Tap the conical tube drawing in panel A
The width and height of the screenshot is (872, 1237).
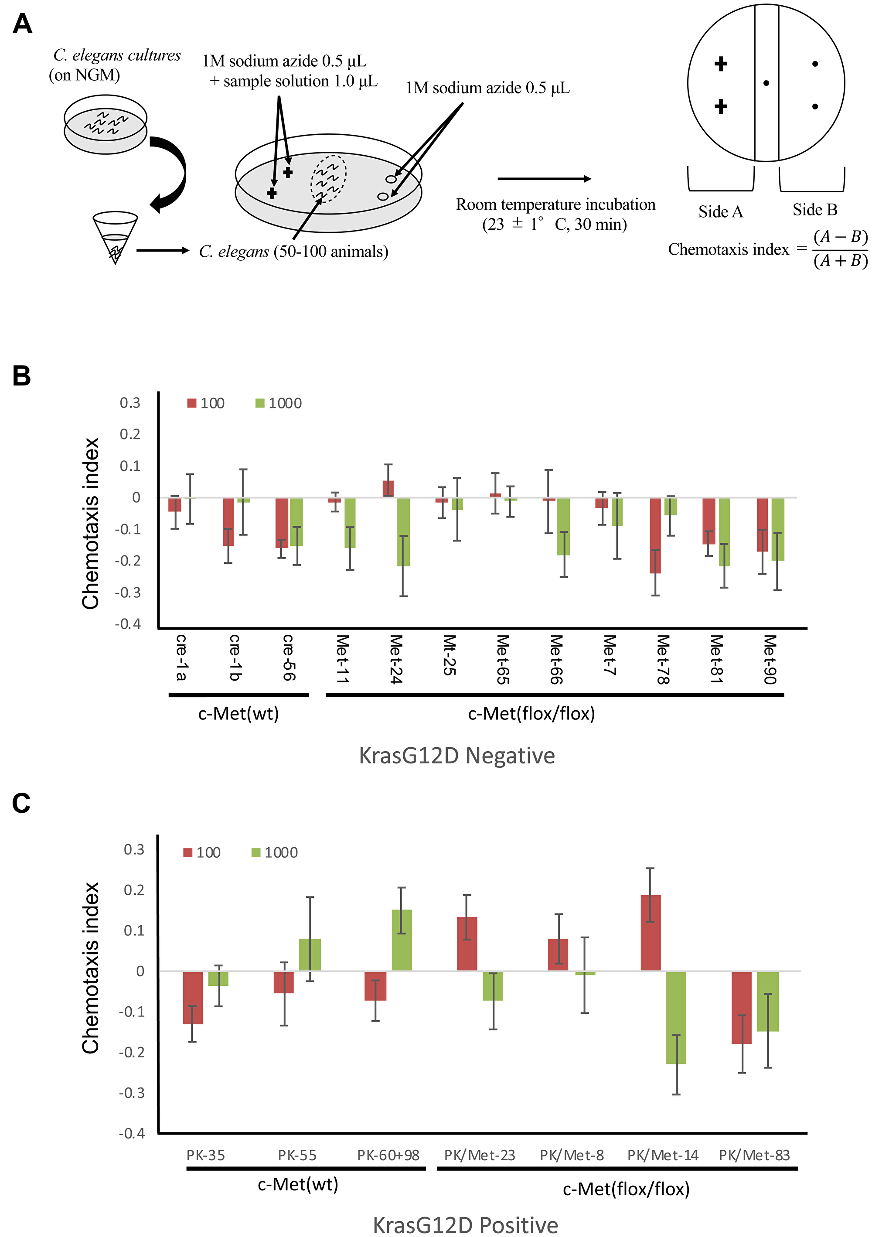coord(115,236)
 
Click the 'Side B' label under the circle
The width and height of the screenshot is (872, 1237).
coord(814,210)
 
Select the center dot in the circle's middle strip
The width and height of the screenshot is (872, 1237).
coord(766,83)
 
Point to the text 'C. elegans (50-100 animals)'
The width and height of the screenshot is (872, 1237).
coord(293,252)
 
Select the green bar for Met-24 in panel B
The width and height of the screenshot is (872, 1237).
coord(403,532)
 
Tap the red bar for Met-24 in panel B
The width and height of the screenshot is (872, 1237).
coord(388,489)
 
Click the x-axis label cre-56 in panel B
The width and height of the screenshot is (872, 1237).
coord(289,657)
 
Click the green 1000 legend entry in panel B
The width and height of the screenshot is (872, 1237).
coord(279,403)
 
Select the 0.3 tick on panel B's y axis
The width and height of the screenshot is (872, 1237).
coord(130,403)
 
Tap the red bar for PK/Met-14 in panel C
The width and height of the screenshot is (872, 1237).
coord(650,933)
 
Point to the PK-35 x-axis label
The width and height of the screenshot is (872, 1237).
coord(205,1155)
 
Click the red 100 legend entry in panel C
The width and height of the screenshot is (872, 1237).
coord(202,853)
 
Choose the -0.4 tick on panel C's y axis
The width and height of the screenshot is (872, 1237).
coord(132,1134)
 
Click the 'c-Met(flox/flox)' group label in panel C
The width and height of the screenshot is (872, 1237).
coord(626,1189)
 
